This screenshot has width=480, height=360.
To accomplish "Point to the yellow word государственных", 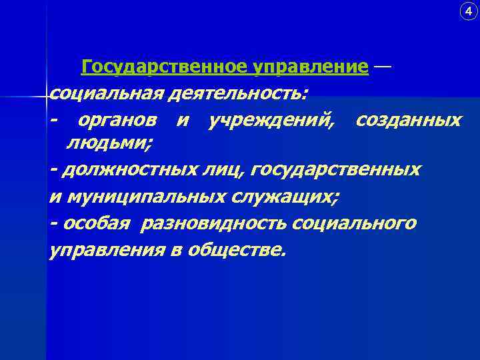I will click(x=338, y=169).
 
